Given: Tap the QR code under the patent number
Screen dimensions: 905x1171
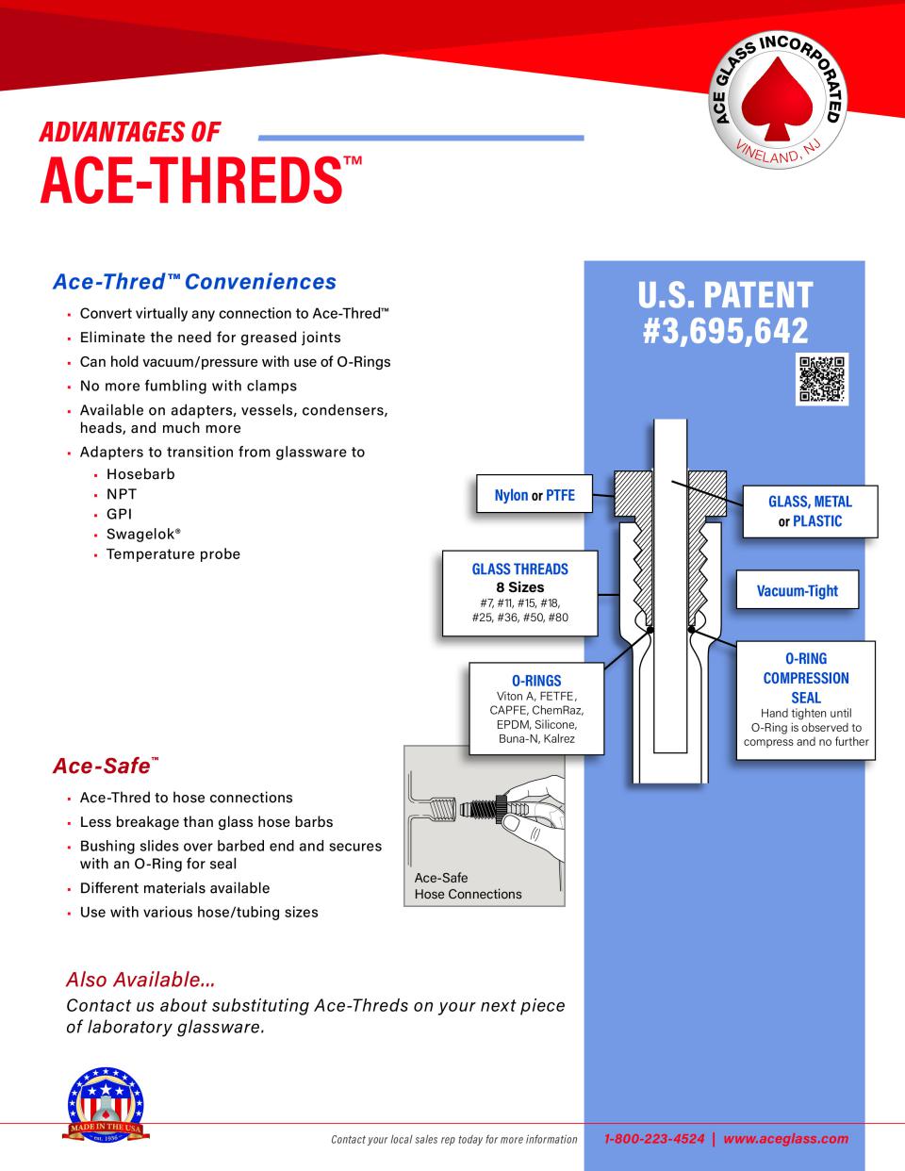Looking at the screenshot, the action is [821, 379].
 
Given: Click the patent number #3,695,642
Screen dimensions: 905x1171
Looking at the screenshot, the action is [725, 330].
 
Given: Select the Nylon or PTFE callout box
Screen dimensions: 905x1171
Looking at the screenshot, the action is [535, 494].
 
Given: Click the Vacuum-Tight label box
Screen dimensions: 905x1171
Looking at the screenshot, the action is [798, 590].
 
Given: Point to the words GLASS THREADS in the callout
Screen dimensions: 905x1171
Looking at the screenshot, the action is [519, 569].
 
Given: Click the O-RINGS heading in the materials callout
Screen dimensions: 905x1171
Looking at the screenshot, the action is [536, 680].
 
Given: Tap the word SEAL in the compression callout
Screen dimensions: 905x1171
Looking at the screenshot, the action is [806, 698].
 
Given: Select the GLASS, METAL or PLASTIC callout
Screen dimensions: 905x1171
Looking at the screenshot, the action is [810, 511].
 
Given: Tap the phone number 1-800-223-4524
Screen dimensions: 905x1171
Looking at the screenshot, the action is [654, 1139].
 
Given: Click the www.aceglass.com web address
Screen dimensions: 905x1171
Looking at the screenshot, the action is [786, 1139].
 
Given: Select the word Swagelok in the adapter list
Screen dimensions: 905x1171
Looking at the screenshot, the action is [140, 534].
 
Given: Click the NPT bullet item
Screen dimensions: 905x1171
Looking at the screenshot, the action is [122, 494].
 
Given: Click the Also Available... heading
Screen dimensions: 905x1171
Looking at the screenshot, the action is [140, 980].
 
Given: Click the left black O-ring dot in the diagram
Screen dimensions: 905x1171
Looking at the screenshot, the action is [650, 630].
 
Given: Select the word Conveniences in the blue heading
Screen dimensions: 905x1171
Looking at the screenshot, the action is [261, 282].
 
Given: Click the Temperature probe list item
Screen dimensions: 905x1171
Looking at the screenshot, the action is [173, 554].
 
